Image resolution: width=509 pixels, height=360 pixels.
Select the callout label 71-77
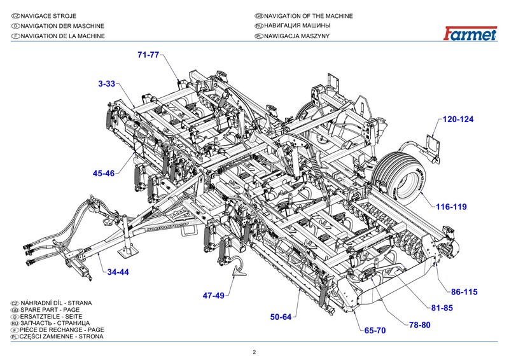tap(148, 55)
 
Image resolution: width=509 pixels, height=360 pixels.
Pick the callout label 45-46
tap(103, 173)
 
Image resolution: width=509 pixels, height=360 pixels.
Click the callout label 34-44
tap(118, 272)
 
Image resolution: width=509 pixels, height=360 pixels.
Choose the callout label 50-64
tap(281, 317)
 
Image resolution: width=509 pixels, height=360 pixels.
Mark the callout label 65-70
tap(375, 331)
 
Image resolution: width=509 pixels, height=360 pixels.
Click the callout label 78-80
tap(420, 325)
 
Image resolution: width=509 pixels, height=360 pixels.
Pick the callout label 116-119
tap(452, 207)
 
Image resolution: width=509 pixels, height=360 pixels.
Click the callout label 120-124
tap(459, 120)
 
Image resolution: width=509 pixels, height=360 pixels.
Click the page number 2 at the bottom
tap(254, 352)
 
